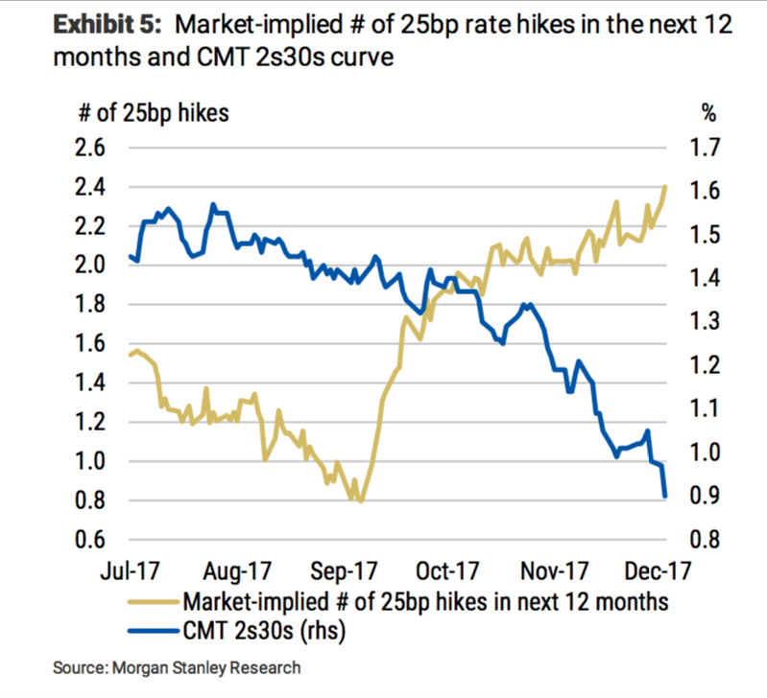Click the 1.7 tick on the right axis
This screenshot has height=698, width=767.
(x=704, y=149)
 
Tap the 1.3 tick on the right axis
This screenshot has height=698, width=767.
(x=704, y=323)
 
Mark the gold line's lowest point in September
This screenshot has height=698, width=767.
(x=360, y=500)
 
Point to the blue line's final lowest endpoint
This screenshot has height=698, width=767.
(x=665, y=496)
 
